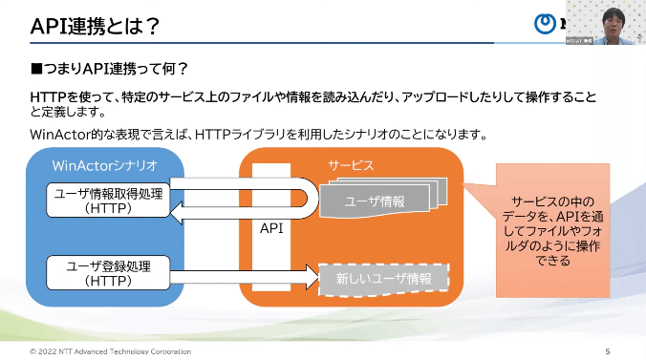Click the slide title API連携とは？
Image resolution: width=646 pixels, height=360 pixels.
pyautogui.click(x=95, y=27)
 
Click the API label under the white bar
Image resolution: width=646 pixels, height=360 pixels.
pyautogui.click(x=271, y=229)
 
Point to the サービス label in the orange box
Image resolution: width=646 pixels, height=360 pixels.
pyautogui.click(x=352, y=165)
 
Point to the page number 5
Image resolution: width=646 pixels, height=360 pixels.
pyautogui.click(x=608, y=351)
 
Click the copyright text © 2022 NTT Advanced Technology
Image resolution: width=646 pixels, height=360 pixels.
pyautogui.click(x=109, y=351)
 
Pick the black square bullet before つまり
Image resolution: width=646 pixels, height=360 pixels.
pyautogui.click(x=37, y=70)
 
